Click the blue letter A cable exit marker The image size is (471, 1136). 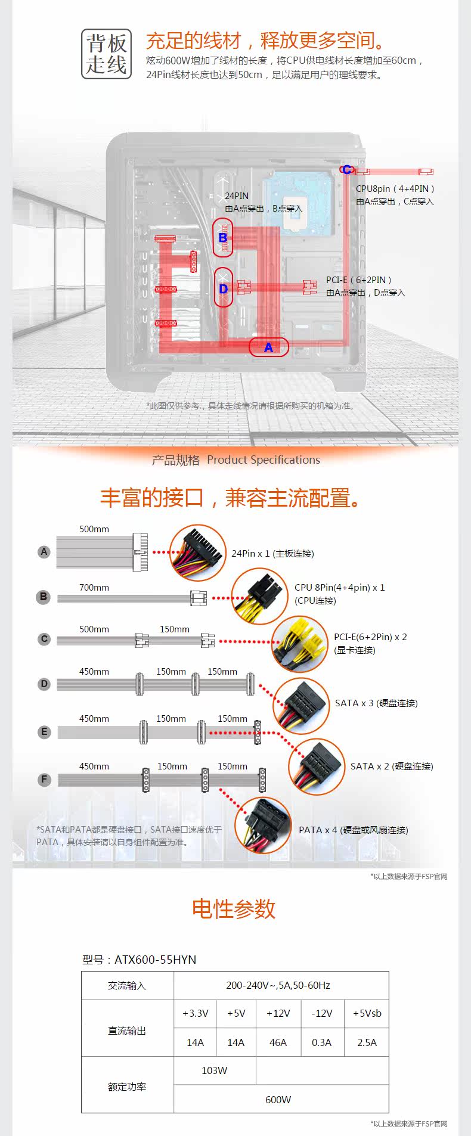point(268,347)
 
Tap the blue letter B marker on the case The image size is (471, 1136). point(223,238)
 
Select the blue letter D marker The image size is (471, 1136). point(224,289)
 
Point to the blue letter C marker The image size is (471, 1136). point(346,170)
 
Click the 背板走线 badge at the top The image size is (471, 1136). point(106,54)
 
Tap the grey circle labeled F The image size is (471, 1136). point(44,779)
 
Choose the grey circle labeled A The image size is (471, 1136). point(44,552)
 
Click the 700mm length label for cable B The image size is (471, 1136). point(94,588)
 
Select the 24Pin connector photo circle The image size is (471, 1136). point(199,553)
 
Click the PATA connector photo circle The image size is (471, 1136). point(263,826)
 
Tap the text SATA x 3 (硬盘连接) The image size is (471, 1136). point(376,703)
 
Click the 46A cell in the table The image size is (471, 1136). point(278,1042)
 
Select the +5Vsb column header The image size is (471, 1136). point(367,1013)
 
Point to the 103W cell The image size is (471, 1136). point(215,1070)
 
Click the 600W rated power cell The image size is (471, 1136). point(278,1099)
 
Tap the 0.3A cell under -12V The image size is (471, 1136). point(322,1042)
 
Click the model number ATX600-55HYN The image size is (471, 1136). point(156,960)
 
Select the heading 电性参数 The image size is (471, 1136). point(234,909)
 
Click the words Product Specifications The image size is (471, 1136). point(264,460)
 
